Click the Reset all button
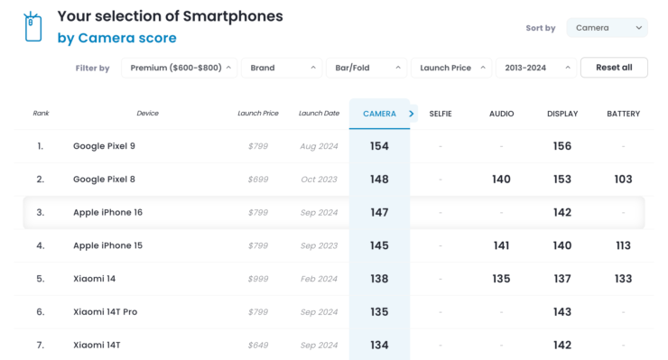click(614, 68)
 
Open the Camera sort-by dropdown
click(607, 28)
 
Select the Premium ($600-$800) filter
click(179, 68)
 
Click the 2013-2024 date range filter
click(534, 68)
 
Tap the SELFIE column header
click(441, 114)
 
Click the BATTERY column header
click(623, 114)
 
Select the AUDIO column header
click(501, 114)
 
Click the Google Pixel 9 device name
click(104, 146)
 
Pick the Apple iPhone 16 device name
click(107, 213)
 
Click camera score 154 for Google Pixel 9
click(379, 146)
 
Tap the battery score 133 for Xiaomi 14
click(623, 279)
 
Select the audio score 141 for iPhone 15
click(501, 245)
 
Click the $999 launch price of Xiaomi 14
click(258, 279)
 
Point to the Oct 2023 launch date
click(320, 180)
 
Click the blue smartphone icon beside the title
click(33, 27)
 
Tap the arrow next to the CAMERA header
click(412, 114)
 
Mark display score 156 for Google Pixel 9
click(562, 146)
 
